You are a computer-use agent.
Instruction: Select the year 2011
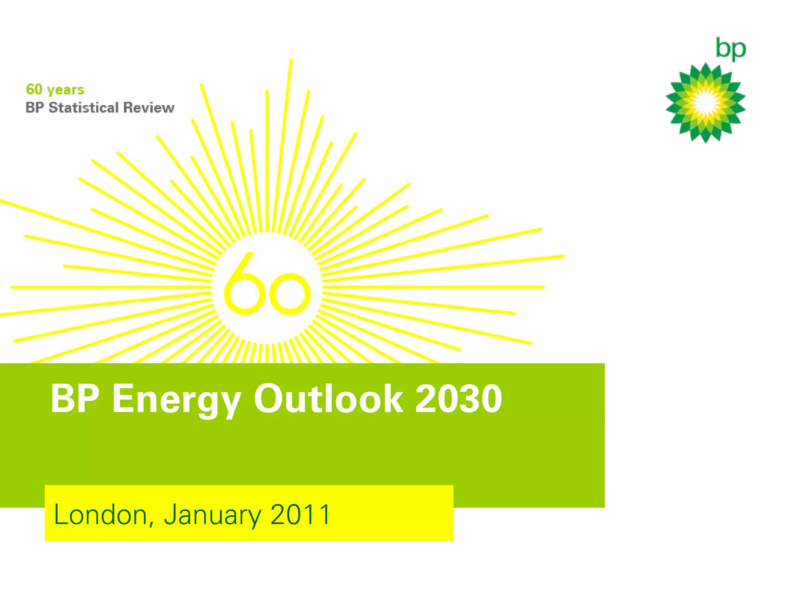coord(300,514)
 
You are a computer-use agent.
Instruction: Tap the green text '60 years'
coord(55,90)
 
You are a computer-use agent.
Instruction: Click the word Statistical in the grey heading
coord(83,108)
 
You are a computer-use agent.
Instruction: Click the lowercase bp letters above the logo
coord(730,49)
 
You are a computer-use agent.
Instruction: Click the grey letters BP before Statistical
coord(35,108)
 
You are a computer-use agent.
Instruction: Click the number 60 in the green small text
coord(34,89)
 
